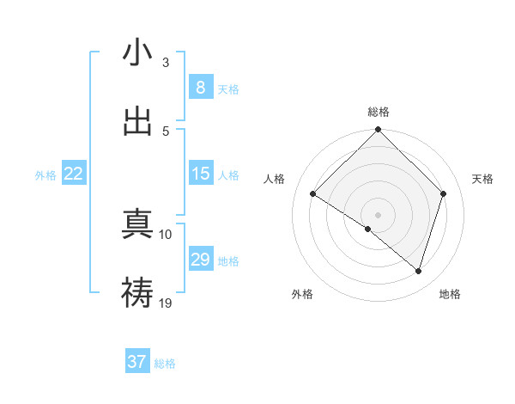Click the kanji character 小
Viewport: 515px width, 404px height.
[137, 52]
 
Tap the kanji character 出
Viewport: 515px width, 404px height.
[137, 121]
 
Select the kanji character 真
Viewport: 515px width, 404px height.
[137, 225]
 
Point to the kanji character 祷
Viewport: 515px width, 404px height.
[137, 293]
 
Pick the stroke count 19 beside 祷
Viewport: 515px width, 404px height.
[166, 303]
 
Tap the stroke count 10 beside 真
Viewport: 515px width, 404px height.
[166, 234]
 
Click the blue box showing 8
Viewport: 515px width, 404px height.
[200, 88]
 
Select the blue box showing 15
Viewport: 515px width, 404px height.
[200, 174]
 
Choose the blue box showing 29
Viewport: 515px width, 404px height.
[200, 260]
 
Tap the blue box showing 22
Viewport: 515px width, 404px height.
[74, 174]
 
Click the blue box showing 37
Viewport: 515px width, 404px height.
[136, 362]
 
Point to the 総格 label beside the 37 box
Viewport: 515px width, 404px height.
[165, 364]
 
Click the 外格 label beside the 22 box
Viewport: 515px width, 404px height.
[45, 175]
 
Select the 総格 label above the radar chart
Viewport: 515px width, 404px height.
[379, 112]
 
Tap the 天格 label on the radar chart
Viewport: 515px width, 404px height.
[483, 179]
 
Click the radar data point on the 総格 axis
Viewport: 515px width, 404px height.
[379, 131]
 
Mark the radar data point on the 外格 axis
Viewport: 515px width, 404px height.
[368, 229]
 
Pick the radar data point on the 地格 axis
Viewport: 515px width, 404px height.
[419, 271]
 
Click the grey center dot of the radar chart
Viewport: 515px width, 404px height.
[379, 214]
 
